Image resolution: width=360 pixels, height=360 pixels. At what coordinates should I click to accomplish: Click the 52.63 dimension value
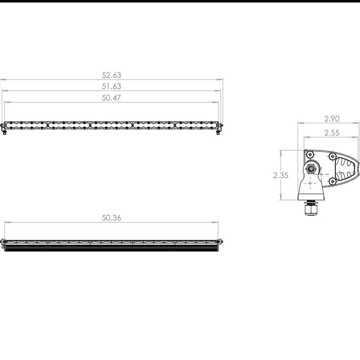click(111, 75)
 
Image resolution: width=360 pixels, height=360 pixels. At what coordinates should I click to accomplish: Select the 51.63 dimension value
click(111, 86)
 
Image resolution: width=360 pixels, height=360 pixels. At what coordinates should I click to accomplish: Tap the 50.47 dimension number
click(111, 98)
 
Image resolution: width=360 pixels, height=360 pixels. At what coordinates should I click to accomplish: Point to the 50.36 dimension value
click(111, 218)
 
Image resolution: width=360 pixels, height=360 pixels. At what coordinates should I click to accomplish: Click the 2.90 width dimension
click(332, 119)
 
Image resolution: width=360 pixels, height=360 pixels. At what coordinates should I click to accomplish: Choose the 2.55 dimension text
click(332, 133)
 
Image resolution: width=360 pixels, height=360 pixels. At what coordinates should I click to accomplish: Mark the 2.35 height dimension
click(281, 175)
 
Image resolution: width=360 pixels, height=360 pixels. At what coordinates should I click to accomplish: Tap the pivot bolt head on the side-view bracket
click(311, 169)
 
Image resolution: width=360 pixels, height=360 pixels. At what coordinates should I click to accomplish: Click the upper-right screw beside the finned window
click(332, 156)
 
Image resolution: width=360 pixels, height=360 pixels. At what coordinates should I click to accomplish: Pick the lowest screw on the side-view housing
click(332, 181)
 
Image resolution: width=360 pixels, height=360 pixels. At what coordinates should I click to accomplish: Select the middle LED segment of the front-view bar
click(111, 125)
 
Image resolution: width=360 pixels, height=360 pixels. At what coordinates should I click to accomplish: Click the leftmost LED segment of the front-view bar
click(26, 125)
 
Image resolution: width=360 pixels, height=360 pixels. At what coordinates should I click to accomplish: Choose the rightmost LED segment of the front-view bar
click(196, 125)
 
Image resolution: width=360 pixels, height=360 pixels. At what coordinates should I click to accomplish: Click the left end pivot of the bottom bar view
click(4, 242)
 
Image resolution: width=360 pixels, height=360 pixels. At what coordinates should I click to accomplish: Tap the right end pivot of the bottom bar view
click(220, 242)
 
